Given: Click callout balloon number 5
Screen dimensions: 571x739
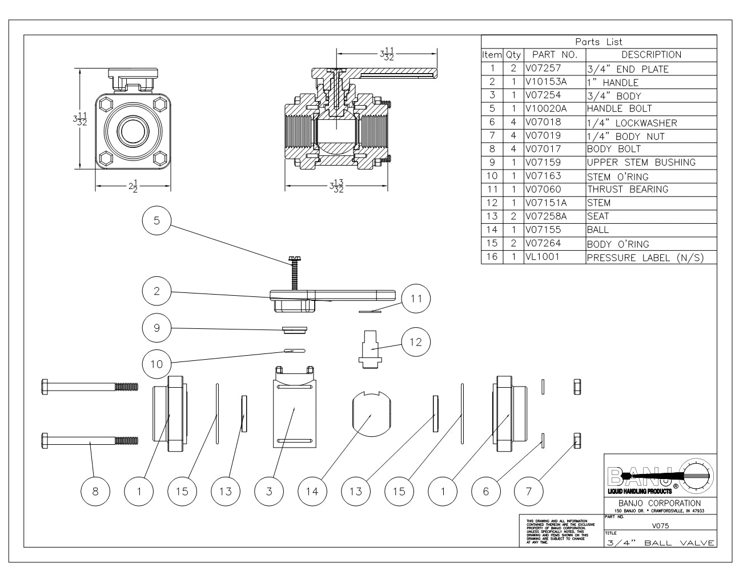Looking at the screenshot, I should click(x=157, y=221).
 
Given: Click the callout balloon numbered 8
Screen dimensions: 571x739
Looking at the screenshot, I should click(x=96, y=491).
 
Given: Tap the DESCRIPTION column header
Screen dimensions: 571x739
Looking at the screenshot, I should click(x=651, y=55).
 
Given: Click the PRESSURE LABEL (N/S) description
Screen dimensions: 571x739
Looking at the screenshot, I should click(x=644, y=258).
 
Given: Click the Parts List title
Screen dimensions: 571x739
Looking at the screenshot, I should click(x=599, y=42).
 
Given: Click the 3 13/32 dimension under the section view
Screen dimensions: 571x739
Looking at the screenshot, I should click(x=336, y=187).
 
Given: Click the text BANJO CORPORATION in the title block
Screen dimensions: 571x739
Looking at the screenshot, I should click(x=660, y=503).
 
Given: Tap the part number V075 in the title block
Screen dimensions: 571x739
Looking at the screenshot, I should click(x=660, y=525).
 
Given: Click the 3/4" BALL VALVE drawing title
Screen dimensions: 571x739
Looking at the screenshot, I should click(x=660, y=543).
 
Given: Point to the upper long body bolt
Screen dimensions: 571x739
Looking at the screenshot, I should click(x=90, y=387).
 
